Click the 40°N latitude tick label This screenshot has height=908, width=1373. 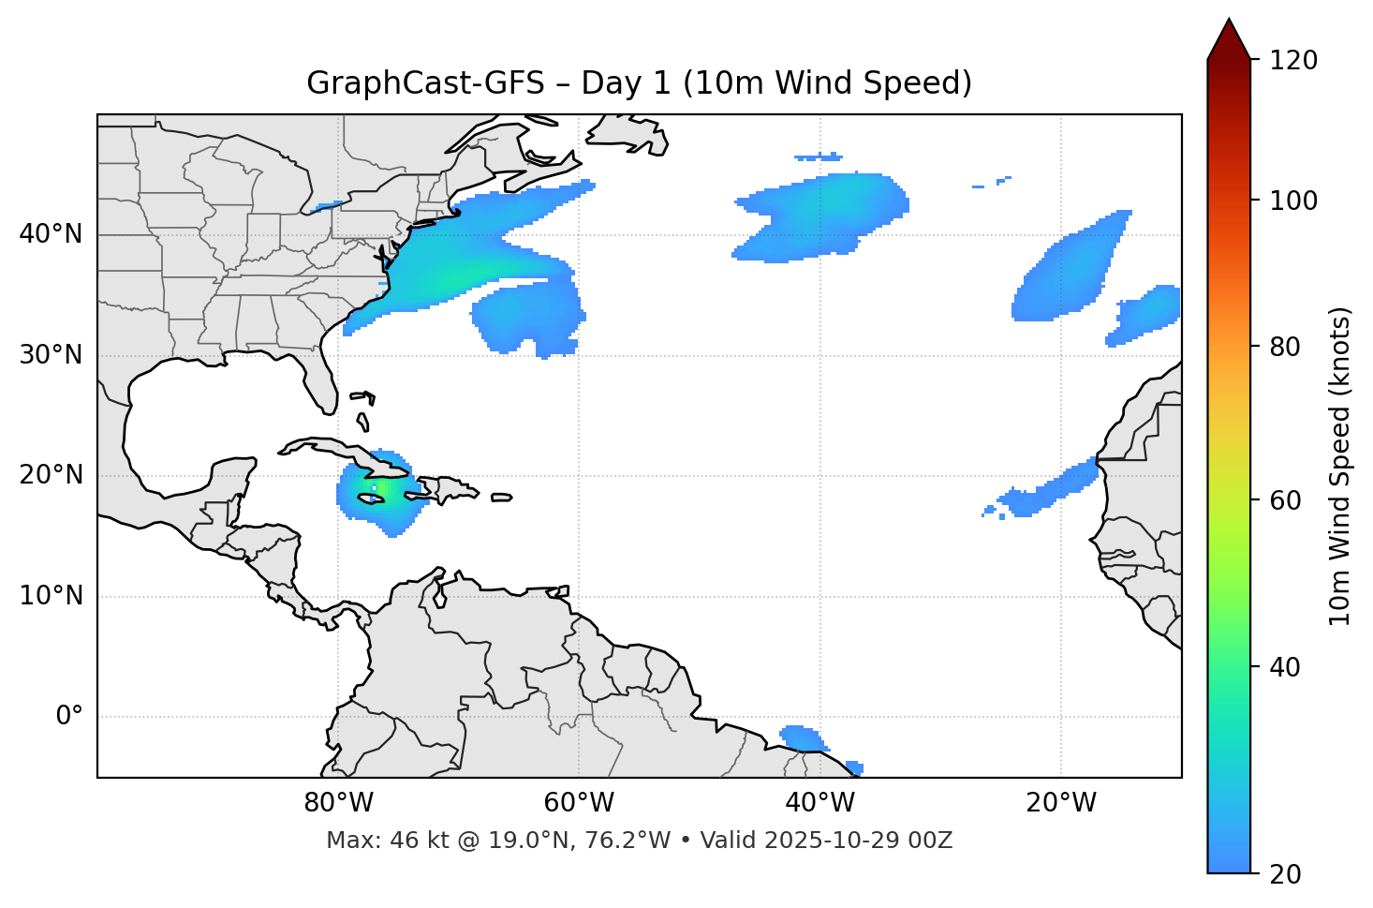tap(51, 234)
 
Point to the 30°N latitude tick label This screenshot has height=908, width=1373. tap(51, 355)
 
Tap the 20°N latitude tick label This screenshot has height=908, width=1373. tap(51, 475)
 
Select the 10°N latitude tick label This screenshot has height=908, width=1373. tap(51, 596)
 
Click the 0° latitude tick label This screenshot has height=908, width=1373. tap(69, 717)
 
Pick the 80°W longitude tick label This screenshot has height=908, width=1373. tap(338, 803)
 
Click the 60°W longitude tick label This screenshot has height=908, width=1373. tap(579, 803)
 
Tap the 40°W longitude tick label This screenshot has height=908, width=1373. tap(820, 803)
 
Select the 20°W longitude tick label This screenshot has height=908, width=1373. tap(1061, 803)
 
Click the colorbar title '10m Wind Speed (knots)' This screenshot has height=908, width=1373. tap(1340, 467)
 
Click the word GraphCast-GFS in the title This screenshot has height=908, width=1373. tap(425, 83)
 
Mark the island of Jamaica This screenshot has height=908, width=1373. tap(371, 499)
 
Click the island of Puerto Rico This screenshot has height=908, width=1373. tap(501, 498)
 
